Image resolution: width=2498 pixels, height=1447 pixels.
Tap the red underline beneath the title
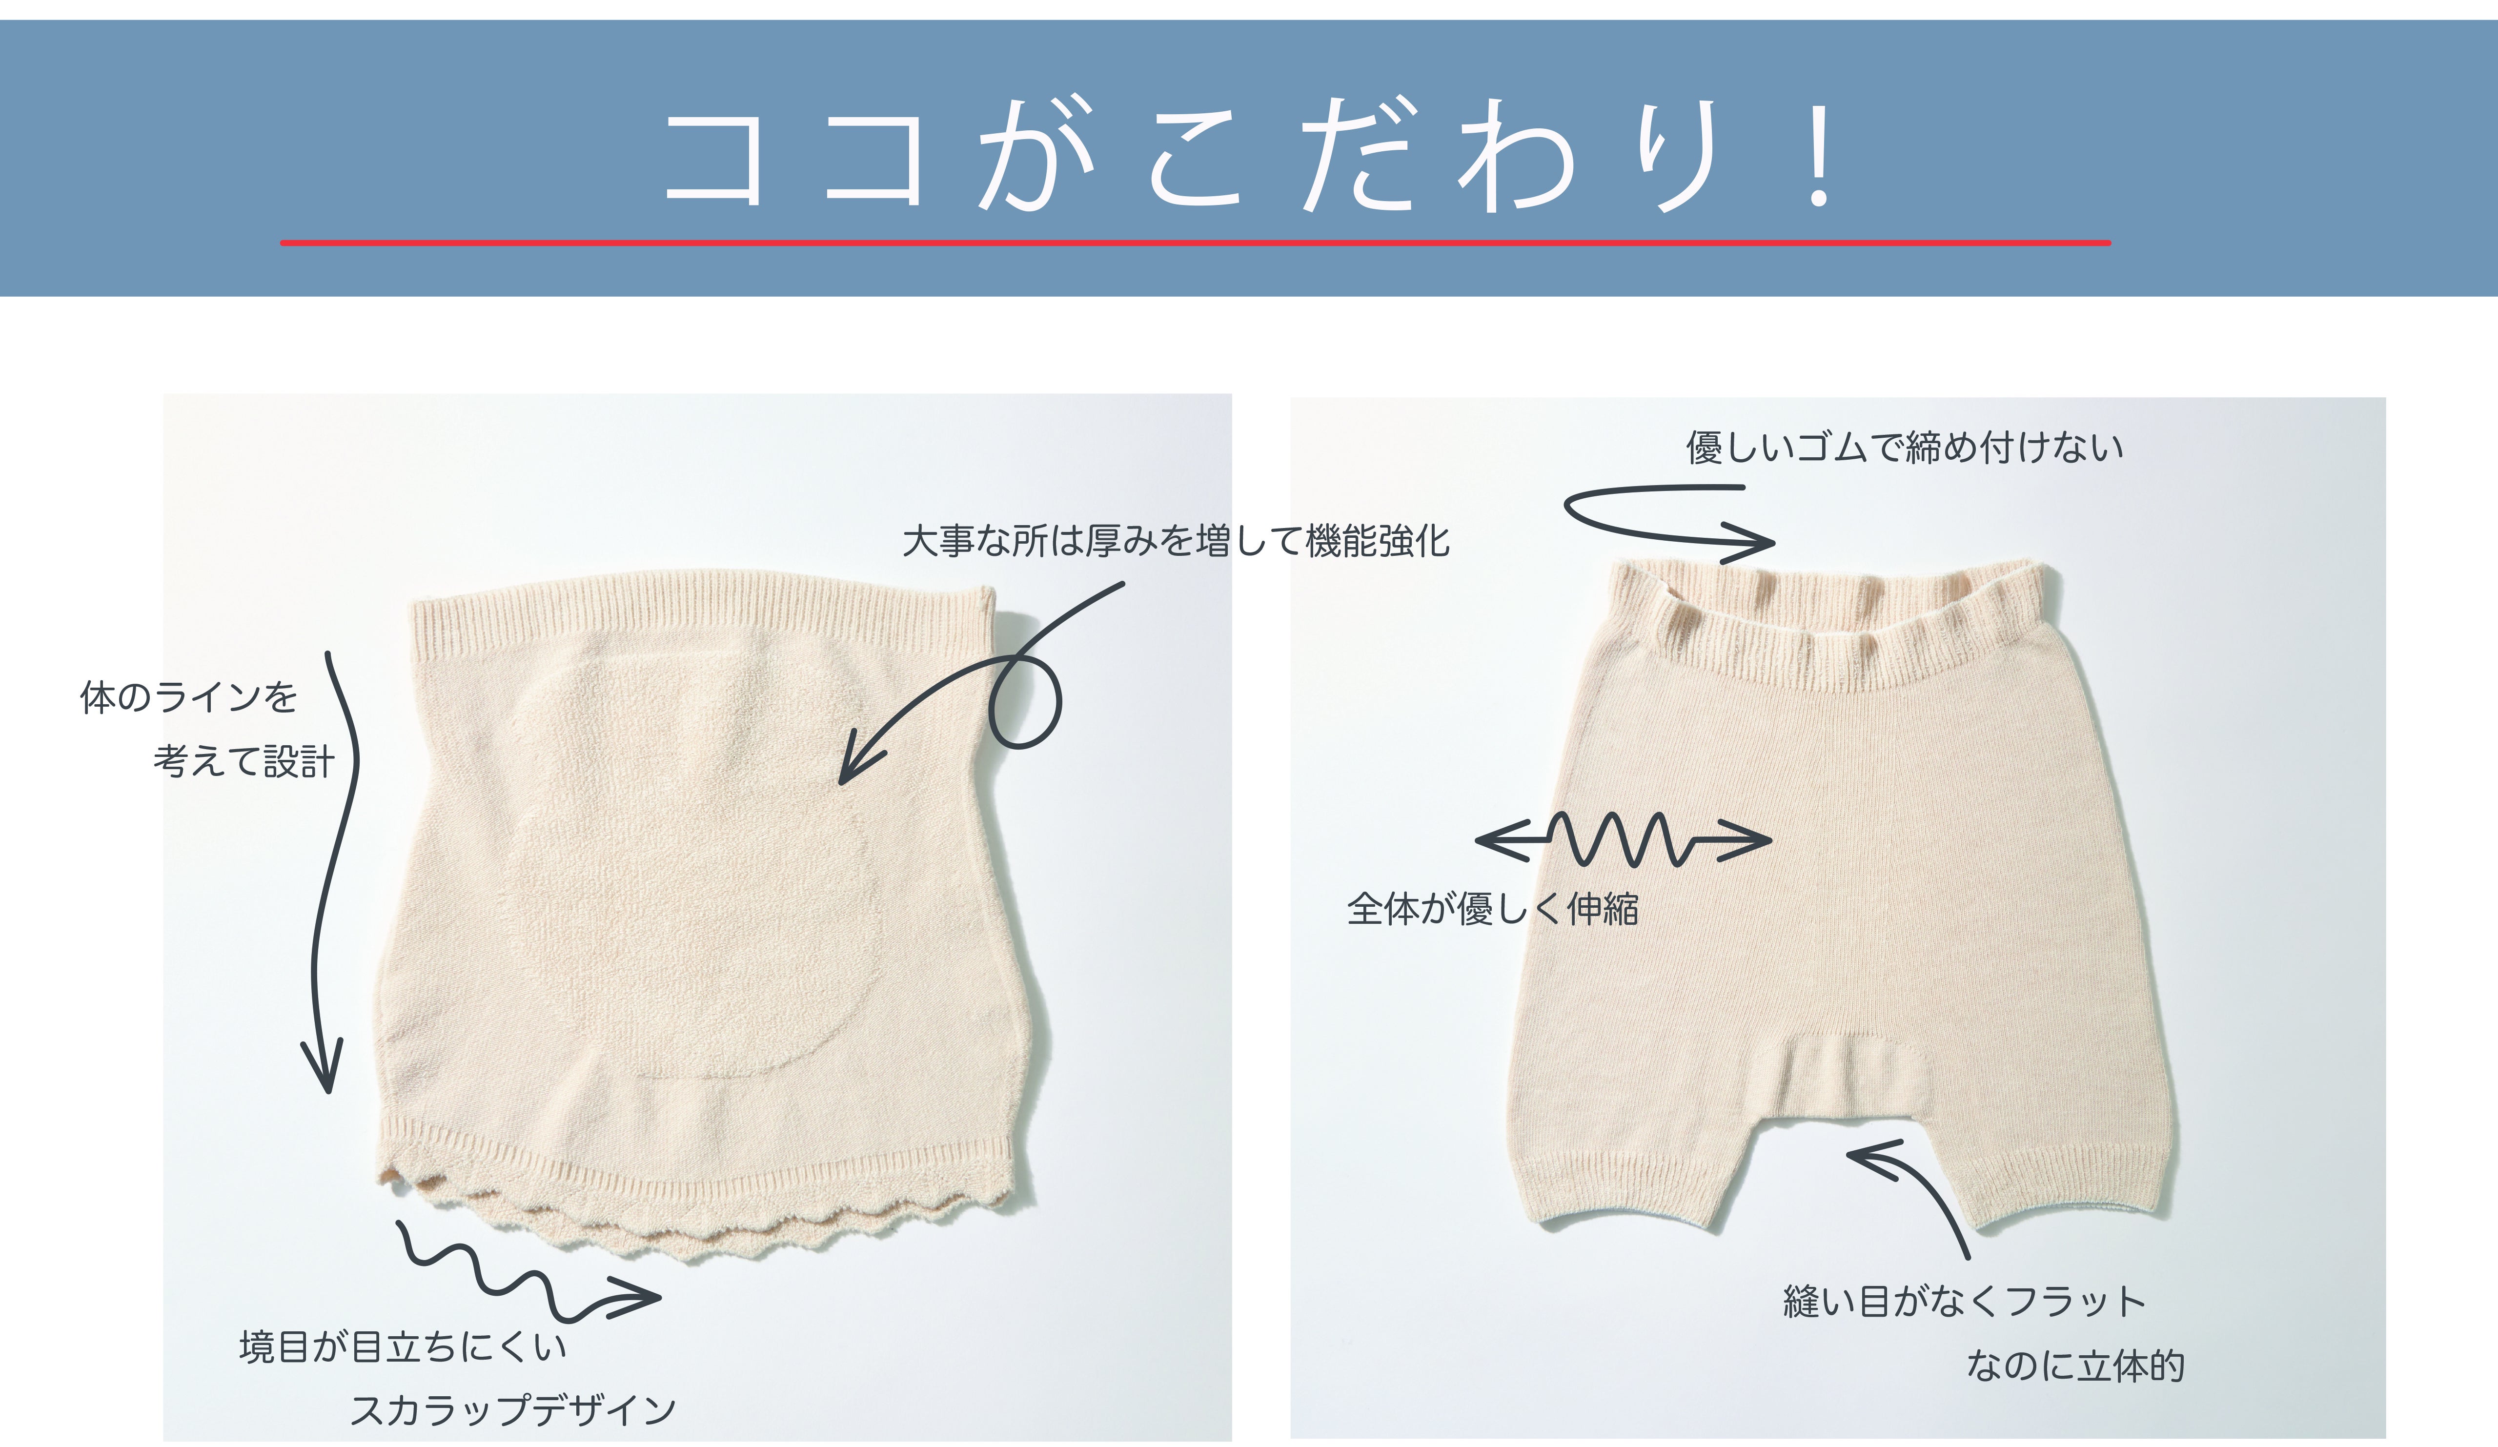click(1196, 242)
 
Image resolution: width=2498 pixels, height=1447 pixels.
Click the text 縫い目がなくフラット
click(1964, 1301)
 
